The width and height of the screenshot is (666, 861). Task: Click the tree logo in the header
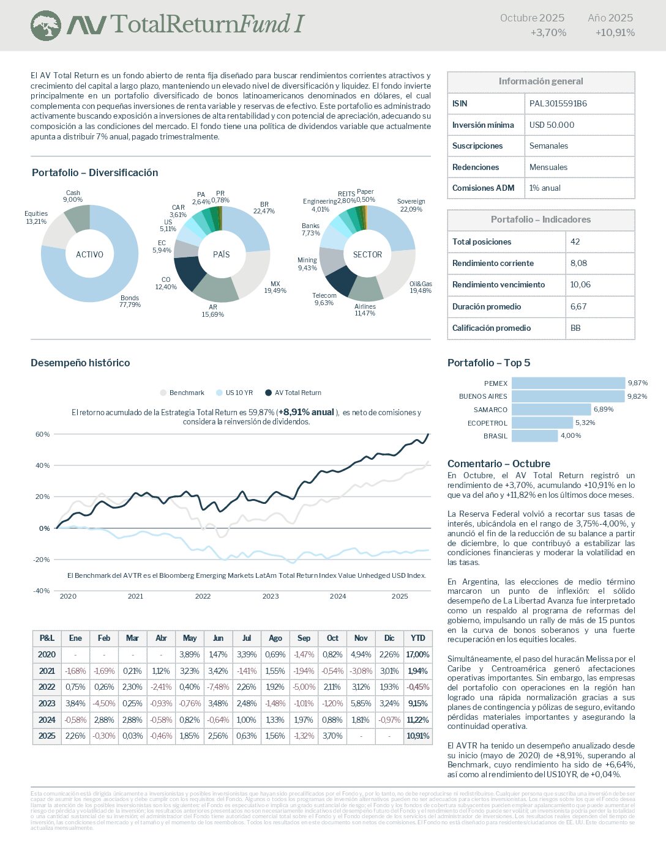point(46,26)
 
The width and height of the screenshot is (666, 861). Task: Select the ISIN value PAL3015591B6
point(558,103)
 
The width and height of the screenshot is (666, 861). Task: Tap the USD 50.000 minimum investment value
point(552,125)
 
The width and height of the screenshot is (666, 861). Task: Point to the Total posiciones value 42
point(575,242)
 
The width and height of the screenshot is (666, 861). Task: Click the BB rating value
point(575,328)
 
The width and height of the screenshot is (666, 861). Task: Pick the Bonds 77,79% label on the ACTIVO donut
point(130,301)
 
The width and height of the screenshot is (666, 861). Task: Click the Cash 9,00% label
point(73,196)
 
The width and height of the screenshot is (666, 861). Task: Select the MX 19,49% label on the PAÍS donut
point(275,287)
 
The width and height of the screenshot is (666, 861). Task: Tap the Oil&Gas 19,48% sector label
point(421,287)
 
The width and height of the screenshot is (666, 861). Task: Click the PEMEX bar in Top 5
point(568,383)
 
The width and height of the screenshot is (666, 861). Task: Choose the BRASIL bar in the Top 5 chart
point(534,436)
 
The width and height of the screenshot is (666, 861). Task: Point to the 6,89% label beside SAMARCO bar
point(603,409)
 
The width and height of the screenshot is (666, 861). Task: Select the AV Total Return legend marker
point(268,393)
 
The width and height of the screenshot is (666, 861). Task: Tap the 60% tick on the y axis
point(42,434)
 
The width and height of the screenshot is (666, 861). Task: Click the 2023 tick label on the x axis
point(270,596)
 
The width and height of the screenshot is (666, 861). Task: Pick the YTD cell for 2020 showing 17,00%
point(417,654)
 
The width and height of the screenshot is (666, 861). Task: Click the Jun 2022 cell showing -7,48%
point(218,687)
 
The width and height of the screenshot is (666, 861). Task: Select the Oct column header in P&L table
point(332,638)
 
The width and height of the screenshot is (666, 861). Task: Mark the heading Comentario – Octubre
point(498,464)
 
